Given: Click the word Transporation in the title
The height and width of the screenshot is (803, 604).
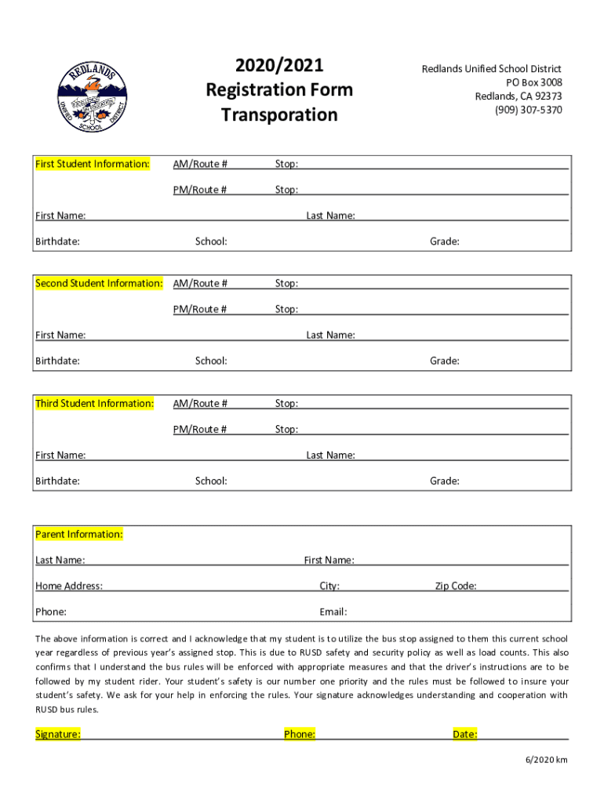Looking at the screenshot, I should [x=279, y=115].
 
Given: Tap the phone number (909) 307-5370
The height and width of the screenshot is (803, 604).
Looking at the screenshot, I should [x=528, y=110].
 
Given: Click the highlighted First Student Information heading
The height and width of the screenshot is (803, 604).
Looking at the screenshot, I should [x=93, y=164].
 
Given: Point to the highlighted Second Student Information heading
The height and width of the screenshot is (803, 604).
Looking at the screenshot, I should [x=99, y=283].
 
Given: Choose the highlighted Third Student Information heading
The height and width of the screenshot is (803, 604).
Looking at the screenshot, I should [x=94, y=403].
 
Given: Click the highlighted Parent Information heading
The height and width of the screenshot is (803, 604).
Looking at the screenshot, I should [x=79, y=534].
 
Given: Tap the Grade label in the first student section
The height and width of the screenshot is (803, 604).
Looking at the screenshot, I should [x=444, y=242].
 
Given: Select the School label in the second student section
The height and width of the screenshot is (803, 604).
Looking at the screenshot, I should [x=211, y=361].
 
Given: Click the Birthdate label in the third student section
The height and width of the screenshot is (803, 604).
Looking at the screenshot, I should [x=57, y=481].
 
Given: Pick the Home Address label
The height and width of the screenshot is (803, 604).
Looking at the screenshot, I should [x=69, y=586].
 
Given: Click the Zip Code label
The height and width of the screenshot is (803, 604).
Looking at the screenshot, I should [x=456, y=586].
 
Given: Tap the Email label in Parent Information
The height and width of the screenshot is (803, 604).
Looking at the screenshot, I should [x=333, y=612].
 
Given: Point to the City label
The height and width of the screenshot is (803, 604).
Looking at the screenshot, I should [x=329, y=586].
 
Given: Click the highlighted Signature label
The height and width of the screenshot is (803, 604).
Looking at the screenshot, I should [x=58, y=734].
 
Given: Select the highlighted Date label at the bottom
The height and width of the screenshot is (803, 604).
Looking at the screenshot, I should [x=465, y=734].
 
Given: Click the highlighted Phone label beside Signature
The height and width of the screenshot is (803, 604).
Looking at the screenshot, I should [x=300, y=734].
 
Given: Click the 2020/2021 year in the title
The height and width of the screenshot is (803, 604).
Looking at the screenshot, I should [x=279, y=65].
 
